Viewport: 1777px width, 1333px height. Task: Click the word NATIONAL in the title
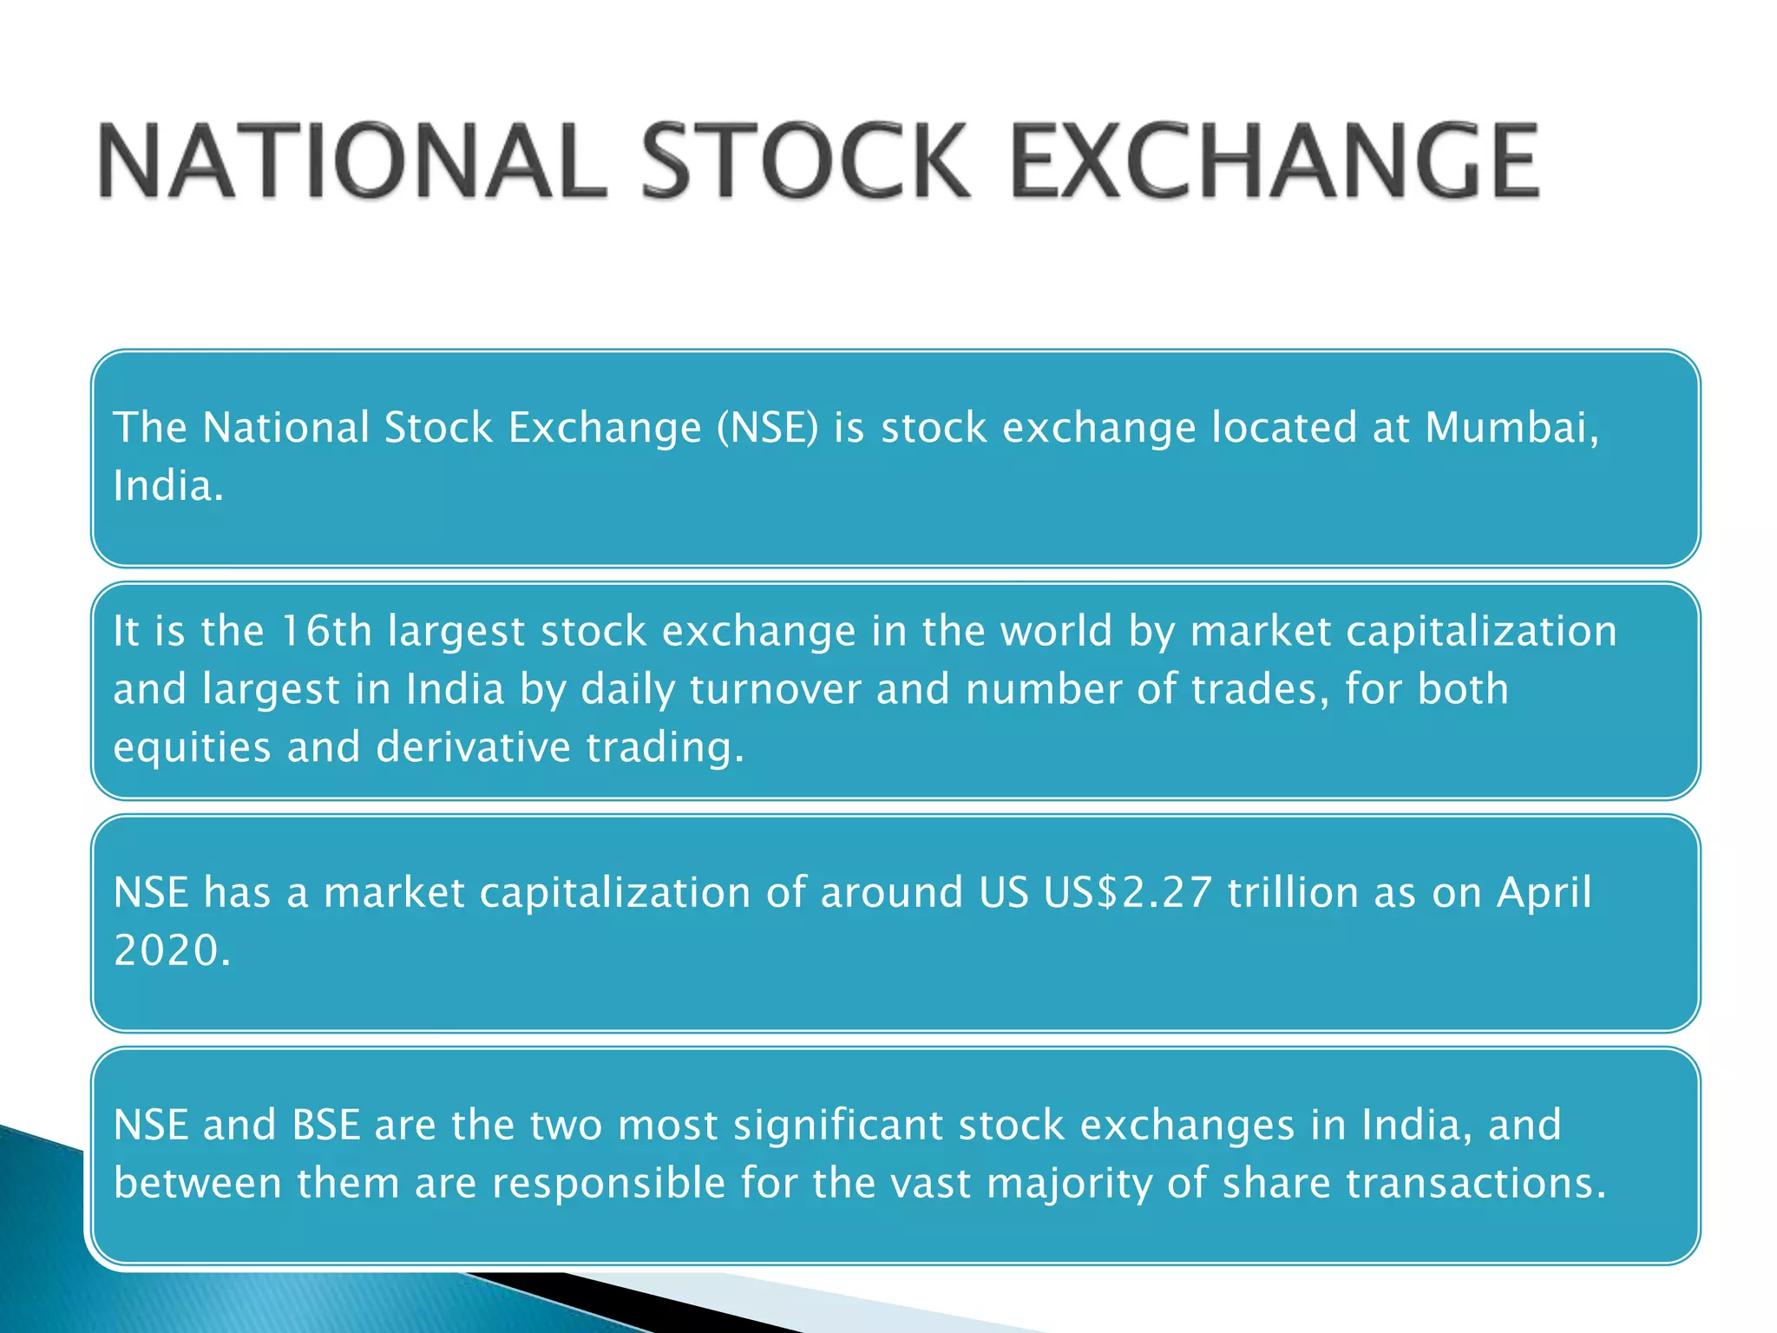351,161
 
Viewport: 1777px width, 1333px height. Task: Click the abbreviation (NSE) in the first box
768,427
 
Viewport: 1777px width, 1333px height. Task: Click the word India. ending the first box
168,485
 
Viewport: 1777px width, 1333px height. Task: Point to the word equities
192,747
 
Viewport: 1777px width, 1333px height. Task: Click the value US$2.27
1127,892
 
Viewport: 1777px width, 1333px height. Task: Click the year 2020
172,950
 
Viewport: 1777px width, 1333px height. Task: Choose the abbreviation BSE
325,1125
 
